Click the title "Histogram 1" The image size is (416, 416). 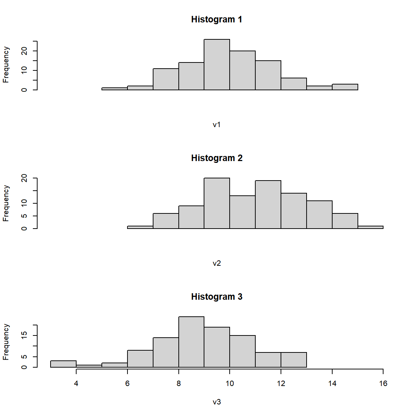[217, 19]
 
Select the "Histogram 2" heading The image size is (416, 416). [217, 158]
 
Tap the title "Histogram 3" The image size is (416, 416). [217, 297]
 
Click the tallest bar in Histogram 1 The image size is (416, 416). [217, 65]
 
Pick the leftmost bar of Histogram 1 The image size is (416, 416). [114, 88]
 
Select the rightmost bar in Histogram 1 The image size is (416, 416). [345, 87]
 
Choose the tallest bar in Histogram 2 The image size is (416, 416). [217, 203]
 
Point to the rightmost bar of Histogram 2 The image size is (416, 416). [370, 227]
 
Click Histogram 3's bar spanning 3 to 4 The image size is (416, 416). [63, 364]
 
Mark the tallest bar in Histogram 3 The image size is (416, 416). [191, 342]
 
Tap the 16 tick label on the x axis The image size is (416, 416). [383, 383]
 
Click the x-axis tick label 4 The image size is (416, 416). [76, 383]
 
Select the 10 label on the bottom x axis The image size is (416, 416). [230, 383]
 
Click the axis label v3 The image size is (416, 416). [217, 402]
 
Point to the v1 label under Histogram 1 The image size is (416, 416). [217, 125]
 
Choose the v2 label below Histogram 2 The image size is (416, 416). [217, 263]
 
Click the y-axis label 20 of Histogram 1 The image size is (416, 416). [24, 51]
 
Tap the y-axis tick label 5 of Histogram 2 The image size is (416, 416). [24, 216]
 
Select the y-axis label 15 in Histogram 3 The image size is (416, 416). [24, 335]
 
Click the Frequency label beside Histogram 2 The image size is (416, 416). [6, 203]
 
